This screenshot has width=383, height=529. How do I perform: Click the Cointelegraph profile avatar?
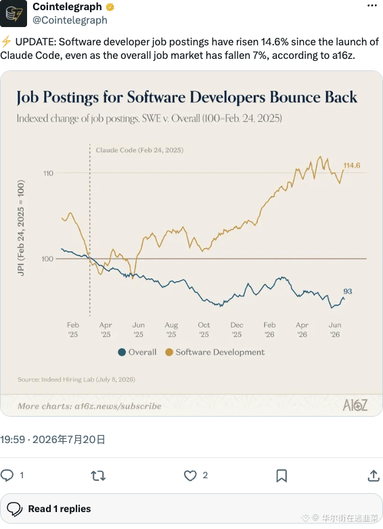click(x=13, y=13)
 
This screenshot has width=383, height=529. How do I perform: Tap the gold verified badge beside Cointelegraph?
click(x=110, y=7)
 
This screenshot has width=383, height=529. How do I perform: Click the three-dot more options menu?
click(x=372, y=5)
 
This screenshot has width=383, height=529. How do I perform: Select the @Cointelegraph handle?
click(x=70, y=20)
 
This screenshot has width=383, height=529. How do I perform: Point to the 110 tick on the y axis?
click(x=48, y=173)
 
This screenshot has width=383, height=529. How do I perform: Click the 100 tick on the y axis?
click(x=47, y=259)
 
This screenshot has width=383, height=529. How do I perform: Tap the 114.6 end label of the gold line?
click(x=352, y=165)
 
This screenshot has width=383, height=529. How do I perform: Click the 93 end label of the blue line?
click(x=348, y=291)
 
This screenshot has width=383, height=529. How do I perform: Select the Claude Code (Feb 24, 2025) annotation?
click(x=139, y=150)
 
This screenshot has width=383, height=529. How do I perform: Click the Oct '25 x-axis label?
click(x=204, y=329)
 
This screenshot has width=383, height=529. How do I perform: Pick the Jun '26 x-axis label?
click(x=335, y=329)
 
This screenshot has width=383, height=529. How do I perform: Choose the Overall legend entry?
click(x=137, y=352)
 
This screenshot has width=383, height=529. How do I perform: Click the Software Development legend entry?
click(x=215, y=352)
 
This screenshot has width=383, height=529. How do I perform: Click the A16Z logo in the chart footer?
click(x=355, y=405)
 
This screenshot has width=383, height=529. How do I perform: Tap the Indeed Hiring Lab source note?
click(x=76, y=379)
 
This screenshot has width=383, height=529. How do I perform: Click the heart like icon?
click(x=190, y=476)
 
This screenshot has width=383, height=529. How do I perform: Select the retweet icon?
click(x=98, y=476)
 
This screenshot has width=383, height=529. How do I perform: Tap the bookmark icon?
click(x=281, y=476)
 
